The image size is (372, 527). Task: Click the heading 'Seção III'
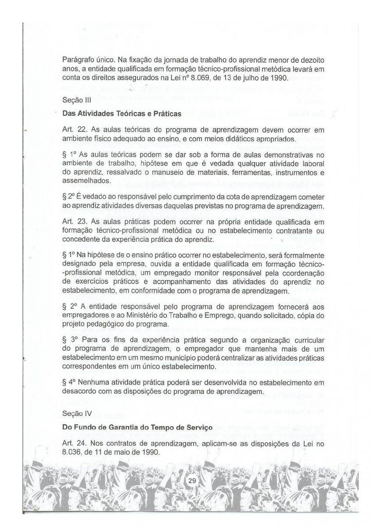coord(75,100)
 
